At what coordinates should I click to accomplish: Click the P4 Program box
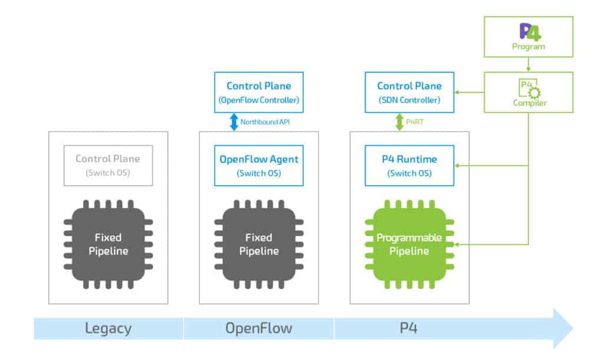[x=528, y=37]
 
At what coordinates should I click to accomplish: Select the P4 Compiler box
[x=528, y=92]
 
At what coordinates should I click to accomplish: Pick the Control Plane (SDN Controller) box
[x=409, y=92]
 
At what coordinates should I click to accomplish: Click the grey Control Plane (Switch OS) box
[x=108, y=165]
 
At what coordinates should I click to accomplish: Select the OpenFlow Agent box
[x=259, y=165]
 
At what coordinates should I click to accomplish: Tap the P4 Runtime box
[x=409, y=165]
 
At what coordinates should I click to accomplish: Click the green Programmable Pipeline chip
[x=409, y=244]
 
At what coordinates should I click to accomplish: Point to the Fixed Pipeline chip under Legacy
[x=108, y=244]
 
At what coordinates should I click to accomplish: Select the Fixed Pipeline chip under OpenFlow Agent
[x=259, y=244]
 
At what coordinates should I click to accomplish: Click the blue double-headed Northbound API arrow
[x=234, y=122]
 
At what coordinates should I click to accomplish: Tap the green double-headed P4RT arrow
[x=400, y=122]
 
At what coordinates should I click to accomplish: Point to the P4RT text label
[x=413, y=122]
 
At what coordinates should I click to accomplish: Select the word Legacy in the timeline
[x=108, y=328]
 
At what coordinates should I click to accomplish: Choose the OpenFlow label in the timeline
[x=258, y=328]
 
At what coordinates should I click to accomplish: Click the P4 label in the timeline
[x=409, y=328]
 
